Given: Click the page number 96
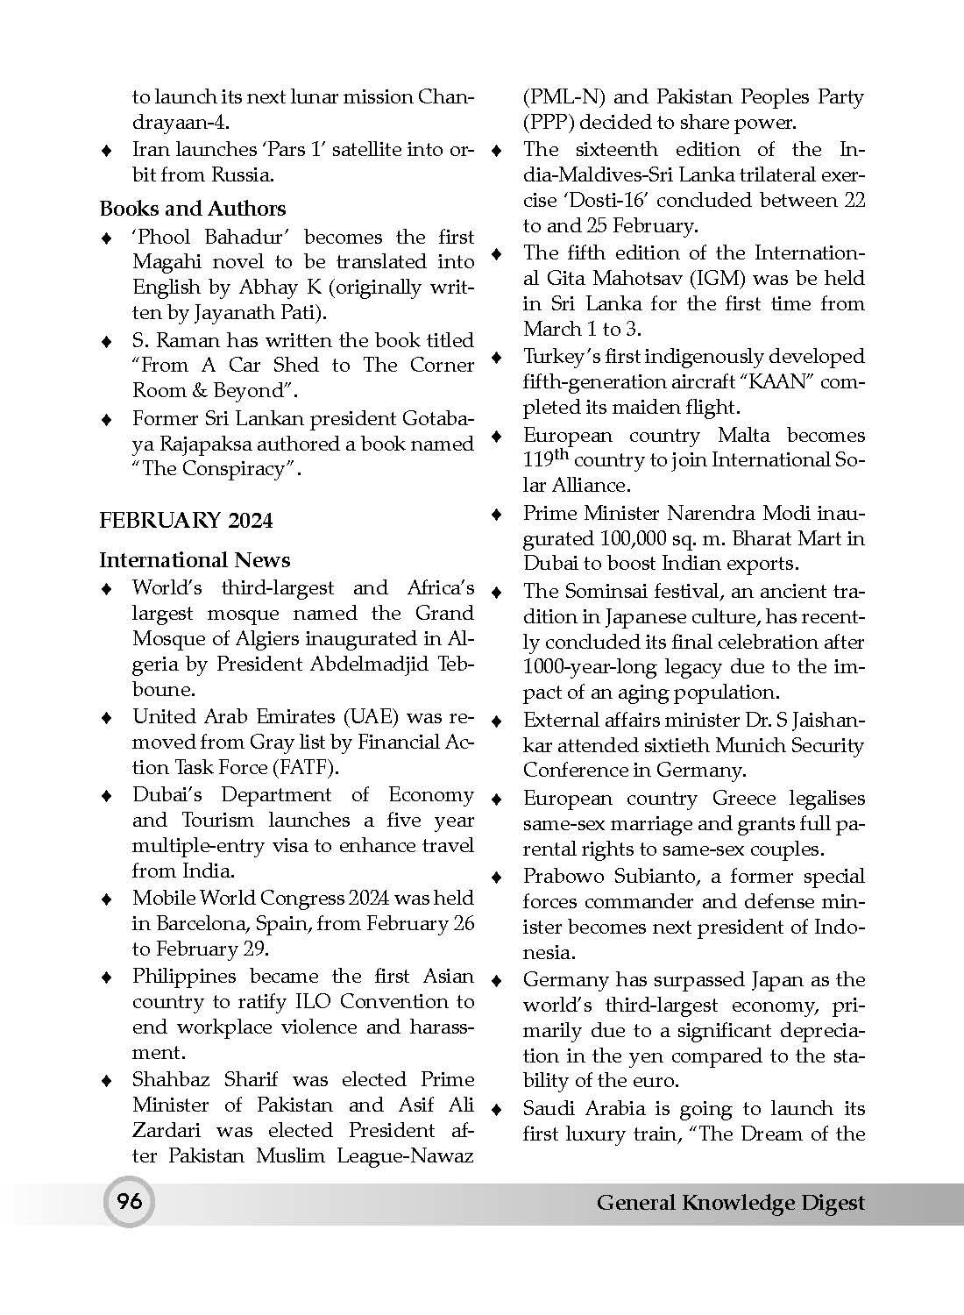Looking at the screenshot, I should point(129,1201).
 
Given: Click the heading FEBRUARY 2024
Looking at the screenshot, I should point(186,521).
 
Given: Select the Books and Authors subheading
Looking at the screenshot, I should point(192,209).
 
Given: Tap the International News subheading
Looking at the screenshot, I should point(195,560).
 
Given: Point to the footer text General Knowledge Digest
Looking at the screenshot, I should point(730,1203).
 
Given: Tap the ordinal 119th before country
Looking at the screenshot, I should point(545,458).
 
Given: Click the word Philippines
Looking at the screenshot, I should point(184,976).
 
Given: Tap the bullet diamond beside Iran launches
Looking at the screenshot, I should point(106,150).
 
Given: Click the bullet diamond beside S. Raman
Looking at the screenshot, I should point(106,341).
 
